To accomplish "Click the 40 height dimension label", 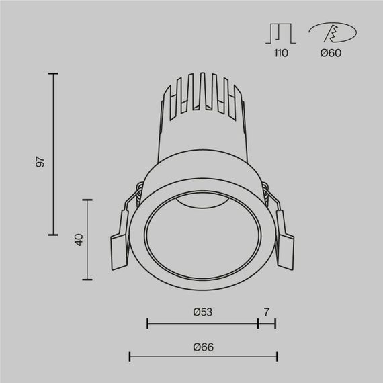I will pos(78,239).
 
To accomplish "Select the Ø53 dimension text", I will pos(202,312).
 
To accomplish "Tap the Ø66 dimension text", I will pos(202,347).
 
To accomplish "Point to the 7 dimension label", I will pos(267,312).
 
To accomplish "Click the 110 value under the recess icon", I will pos(280,53).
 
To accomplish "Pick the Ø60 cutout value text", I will pos(331,53).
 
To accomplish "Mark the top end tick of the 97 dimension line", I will pos(54,74).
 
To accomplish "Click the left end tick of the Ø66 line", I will pos(129,357).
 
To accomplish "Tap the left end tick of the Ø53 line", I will pos(147,323).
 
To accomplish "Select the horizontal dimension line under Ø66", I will pos(202,357).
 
